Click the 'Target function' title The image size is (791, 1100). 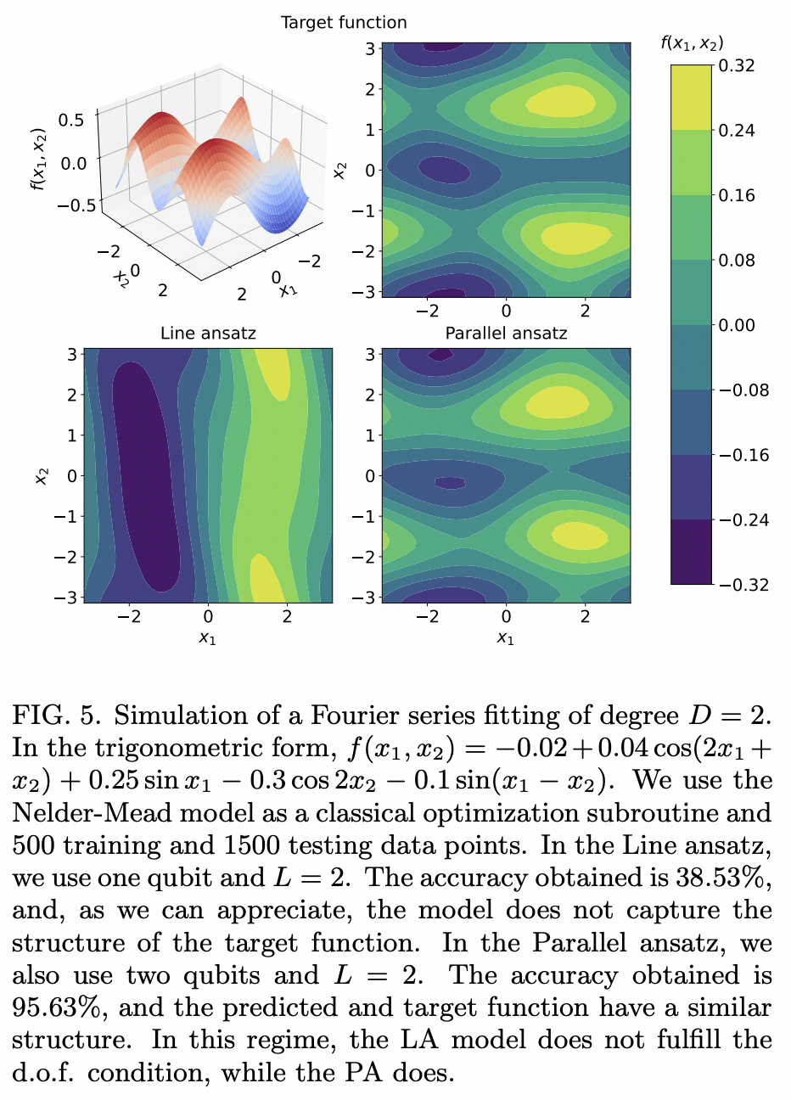(x=344, y=23)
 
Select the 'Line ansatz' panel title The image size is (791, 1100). (x=208, y=334)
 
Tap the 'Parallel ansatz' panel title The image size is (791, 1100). (x=506, y=334)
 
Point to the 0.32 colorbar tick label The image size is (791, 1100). (x=736, y=65)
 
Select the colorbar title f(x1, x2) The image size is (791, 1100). (x=692, y=43)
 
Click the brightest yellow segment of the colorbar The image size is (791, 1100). (x=691, y=97)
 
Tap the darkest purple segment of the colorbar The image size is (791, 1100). (x=691, y=552)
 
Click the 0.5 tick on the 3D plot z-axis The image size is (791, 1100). (x=72, y=120)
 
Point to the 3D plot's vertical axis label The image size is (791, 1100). (x=37, y=159)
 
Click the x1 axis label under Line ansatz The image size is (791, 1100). (x=208, y=637)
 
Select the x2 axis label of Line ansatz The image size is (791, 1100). (x=41, y=476)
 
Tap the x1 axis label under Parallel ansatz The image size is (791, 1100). (x=506, y=637)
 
